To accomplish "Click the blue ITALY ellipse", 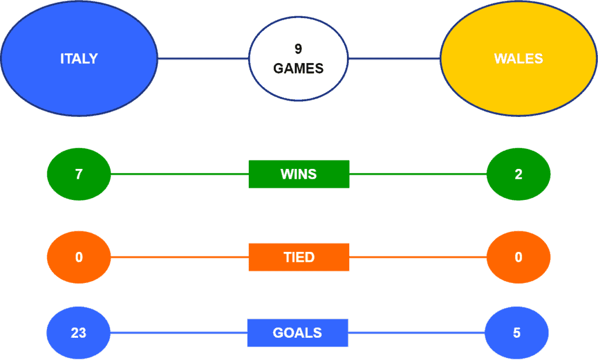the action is (79, 58).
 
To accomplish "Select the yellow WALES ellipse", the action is (519, 58).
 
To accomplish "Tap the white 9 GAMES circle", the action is (298, 59).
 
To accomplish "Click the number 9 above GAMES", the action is (298, 49).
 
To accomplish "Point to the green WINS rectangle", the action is (299, 174).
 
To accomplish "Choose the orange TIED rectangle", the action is (299, 257).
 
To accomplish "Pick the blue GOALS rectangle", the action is (298, 333).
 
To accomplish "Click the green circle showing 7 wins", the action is (79, 174).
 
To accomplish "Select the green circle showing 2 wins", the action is (519, 174).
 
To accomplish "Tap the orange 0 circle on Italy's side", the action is (79, 257).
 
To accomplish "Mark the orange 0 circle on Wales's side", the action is (519, 257).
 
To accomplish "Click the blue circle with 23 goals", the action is (79, 333).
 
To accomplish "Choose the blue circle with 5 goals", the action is (517, 333).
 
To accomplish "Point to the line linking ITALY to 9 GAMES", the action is (203, 58).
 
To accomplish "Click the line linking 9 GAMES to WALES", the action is (394, 58).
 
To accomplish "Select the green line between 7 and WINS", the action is (180, 174).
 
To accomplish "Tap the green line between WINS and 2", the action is (418, 174).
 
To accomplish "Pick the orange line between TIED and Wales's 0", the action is (418, 257).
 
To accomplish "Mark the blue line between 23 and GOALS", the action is (179, 333).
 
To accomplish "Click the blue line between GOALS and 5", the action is (416, 333).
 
